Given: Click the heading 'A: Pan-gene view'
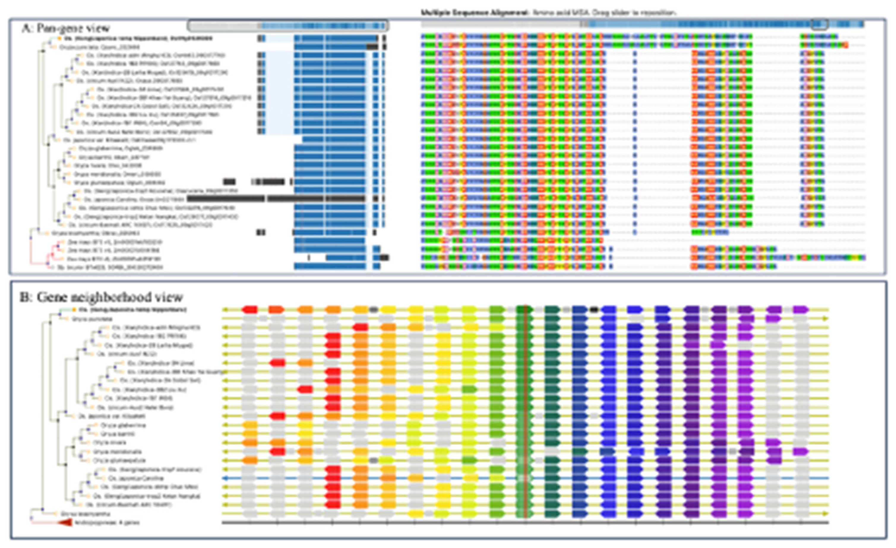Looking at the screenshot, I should [65, 28].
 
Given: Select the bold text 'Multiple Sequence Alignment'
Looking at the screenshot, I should [475, 12].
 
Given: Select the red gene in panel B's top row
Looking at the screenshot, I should [250, 310].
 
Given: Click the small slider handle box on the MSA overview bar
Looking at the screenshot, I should [820, 24].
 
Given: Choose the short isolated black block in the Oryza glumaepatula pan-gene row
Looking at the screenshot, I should [229, 181].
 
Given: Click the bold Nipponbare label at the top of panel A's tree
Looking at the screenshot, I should [138, 38].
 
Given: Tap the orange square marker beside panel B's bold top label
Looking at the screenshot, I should [74, 310].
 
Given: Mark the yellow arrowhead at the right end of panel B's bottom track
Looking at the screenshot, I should [825, 514].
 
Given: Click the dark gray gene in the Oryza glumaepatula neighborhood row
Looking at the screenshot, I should [373, 460].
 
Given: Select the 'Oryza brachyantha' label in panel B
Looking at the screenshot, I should [85, 514].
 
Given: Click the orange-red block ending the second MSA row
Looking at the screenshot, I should [846, 45].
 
